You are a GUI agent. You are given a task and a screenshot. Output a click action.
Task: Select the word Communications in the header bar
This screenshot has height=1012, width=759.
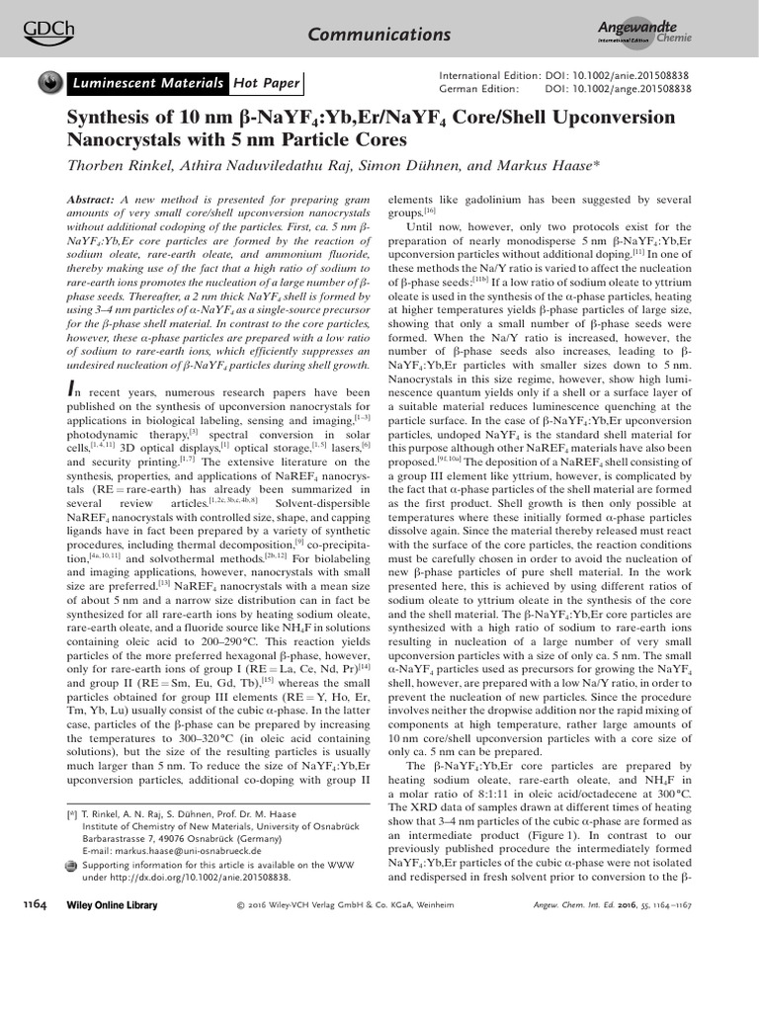click(x=379, y=35)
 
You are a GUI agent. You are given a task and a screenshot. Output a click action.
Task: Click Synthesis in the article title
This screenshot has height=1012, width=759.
click(x=111, y=119)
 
